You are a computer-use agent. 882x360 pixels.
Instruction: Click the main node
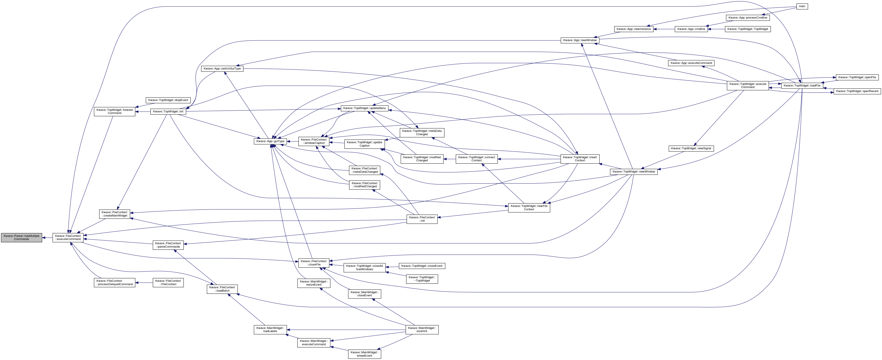[802, 6]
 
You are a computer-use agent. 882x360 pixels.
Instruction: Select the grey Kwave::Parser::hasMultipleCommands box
[22, 237]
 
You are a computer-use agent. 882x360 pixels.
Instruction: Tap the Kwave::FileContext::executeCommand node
[68, 237]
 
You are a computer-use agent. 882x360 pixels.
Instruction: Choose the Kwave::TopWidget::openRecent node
[857, 91]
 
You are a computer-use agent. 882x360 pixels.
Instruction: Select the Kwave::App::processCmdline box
[748, 17]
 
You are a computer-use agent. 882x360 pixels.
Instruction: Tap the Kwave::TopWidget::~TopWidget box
[422, 279]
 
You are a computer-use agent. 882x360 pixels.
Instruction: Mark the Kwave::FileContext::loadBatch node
[222, 289]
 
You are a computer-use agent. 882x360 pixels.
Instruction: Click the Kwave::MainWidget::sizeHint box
[422, 330]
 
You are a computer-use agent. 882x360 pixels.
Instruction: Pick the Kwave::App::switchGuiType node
[222, 69]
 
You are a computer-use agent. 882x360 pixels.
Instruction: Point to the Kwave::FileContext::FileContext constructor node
[168, 283]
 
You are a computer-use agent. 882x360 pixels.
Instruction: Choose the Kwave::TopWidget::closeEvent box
[422, 266]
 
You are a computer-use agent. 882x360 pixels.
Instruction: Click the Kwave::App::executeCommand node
[691, 63]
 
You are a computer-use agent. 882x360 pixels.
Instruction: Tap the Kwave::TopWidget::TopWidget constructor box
[748, 29]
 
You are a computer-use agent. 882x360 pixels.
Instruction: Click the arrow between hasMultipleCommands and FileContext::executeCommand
[47, 237]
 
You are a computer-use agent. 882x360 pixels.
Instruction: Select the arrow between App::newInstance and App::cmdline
[664, 29]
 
